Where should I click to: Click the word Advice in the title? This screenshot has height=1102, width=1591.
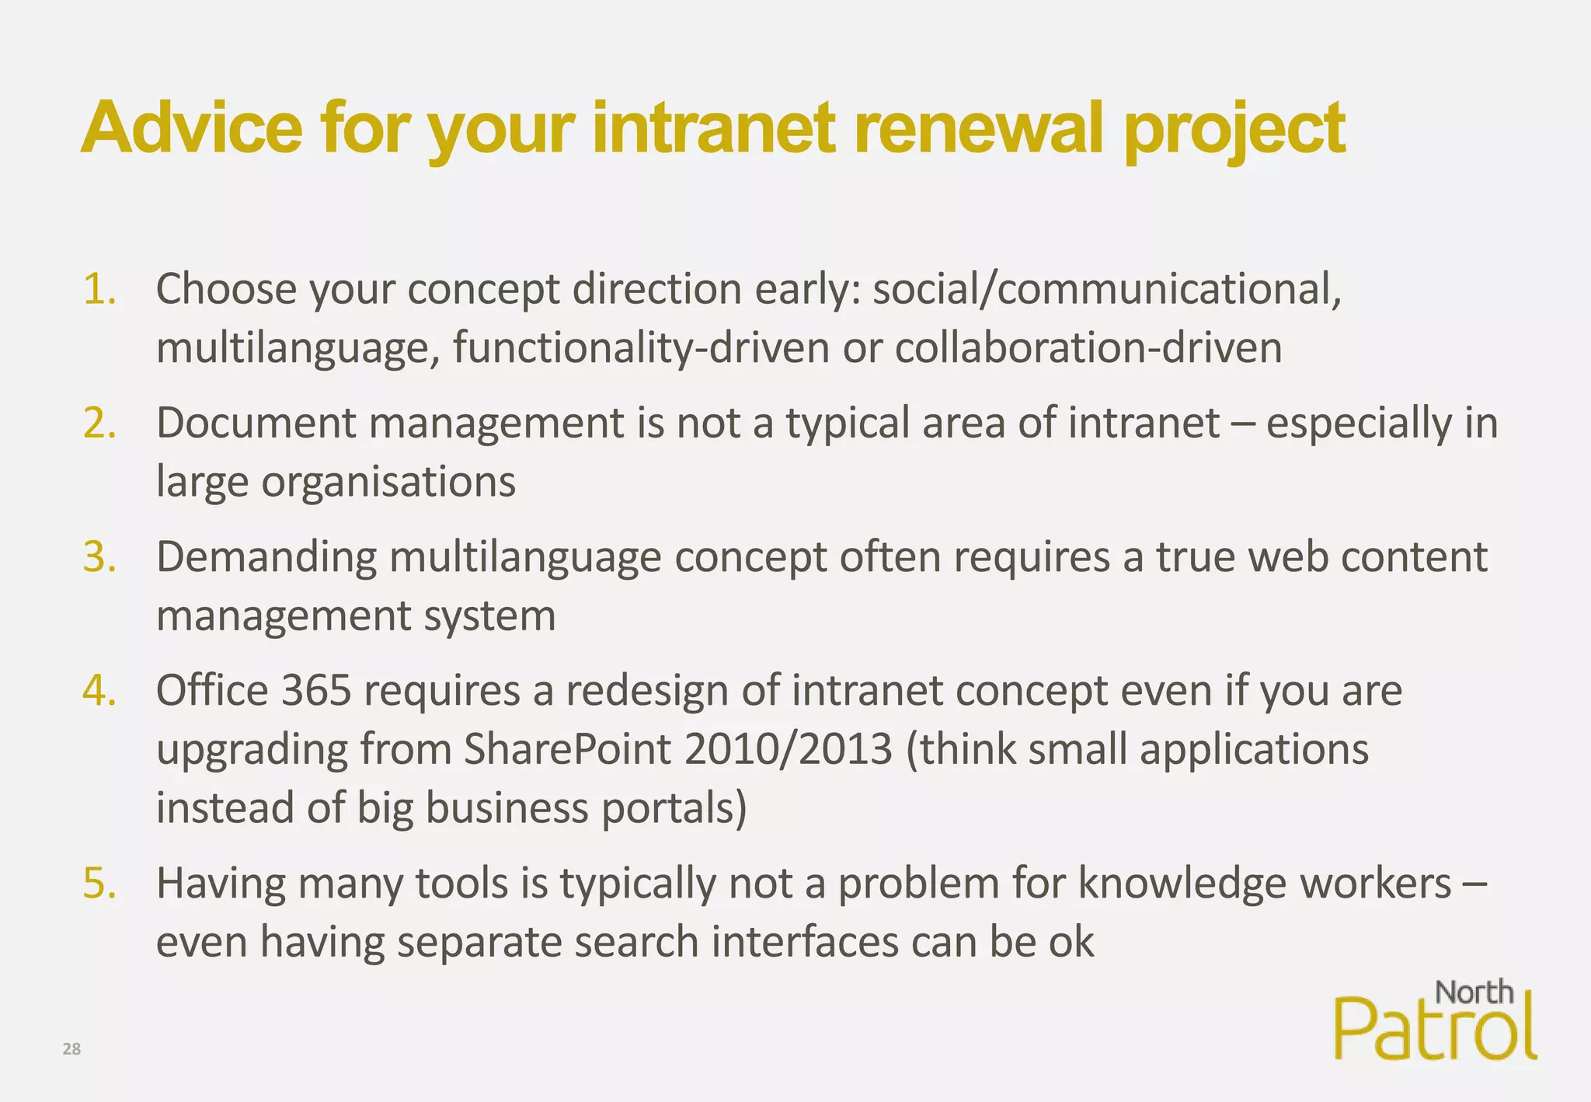(192, 128)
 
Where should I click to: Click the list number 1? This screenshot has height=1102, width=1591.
(99, 290)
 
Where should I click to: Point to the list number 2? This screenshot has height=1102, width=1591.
(99, 424)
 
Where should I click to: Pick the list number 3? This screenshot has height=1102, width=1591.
(99, 558)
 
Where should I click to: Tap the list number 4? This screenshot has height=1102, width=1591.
(99, 691)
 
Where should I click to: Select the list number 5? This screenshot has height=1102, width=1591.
(99, 884)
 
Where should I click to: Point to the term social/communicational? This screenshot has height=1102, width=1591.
(1107, 290)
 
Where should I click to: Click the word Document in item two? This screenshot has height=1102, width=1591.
(256, 424)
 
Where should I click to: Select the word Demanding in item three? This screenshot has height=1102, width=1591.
(266, 558)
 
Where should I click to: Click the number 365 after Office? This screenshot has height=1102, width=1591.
(316, 691)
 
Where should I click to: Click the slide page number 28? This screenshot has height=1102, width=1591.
(71, 1049)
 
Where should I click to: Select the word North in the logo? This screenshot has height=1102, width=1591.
(1474, 992)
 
